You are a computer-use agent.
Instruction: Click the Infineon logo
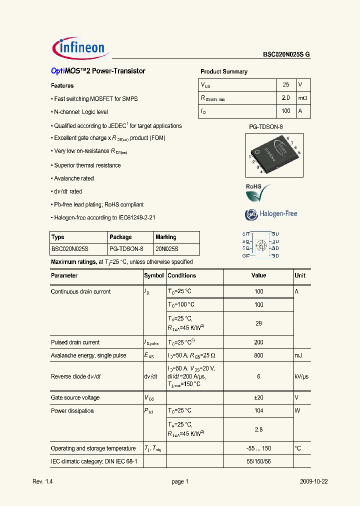pos(79,48)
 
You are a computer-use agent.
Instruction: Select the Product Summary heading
pos(223,71)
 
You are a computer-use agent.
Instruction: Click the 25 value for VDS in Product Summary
pos(285,85)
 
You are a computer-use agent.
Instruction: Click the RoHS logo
pos(257,192)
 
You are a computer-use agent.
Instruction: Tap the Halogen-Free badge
pos(271,214)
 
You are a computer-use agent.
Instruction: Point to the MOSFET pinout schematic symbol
pos(260,244)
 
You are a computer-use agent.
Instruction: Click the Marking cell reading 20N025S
pos(167,249)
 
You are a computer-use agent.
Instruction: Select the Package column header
pos(120,237)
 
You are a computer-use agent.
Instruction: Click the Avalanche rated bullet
pos(73,178)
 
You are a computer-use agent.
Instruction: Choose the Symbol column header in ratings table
pos(154,275)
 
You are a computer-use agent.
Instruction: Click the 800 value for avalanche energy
pos(258,355)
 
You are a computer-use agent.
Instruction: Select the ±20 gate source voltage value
pos(258,398)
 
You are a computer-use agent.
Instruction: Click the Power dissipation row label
pos(72,411)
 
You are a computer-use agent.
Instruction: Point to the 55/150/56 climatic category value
pos(258,461)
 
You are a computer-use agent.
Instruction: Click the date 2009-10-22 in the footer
pos(313,481)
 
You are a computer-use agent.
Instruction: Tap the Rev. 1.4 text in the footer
pos(42,481)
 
